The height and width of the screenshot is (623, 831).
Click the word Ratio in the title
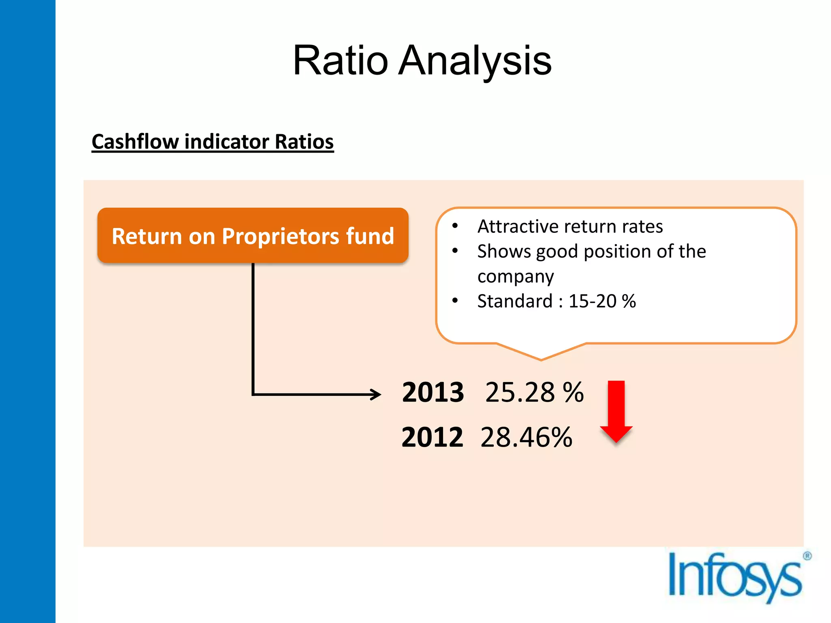coord(340,61)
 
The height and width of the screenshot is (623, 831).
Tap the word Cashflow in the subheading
coord(136,142)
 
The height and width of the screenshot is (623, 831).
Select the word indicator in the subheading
coord(227,142)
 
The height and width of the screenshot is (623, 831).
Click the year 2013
coord(433,393)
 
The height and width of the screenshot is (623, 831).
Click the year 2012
coord(432,438)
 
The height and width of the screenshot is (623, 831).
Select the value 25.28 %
coord(534,393)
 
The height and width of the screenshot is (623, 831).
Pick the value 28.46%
coord(526,438)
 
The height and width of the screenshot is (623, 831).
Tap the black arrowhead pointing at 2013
coord(375,394)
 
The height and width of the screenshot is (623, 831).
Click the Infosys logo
coord(734,576)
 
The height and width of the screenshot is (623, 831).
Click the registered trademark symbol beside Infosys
coord(807,556)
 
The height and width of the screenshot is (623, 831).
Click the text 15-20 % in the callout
coord(602,301)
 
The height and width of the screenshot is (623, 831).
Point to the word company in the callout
coord(515,277)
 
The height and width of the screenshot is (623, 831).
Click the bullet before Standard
coord(455,301)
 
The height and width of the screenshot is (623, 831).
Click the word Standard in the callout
coord(515,301)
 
